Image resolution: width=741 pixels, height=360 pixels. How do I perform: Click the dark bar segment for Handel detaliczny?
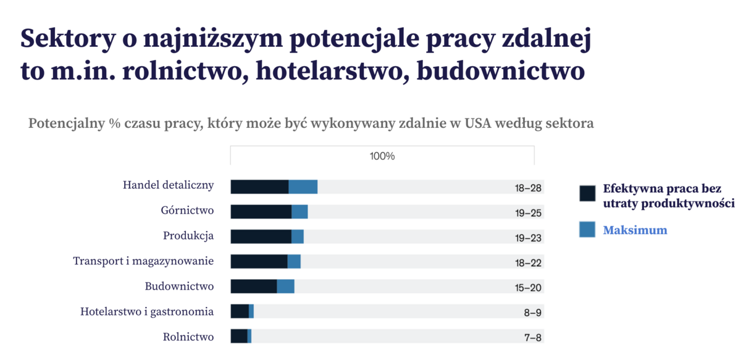tap(259, 187)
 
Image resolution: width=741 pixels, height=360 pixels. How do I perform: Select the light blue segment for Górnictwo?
tap(299, 212)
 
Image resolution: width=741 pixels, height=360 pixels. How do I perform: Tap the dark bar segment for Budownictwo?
tap(254, 287)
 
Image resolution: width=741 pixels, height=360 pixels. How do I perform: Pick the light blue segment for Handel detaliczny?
tap(303, 187)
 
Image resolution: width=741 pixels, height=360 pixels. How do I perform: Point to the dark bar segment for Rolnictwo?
tap(239, 337)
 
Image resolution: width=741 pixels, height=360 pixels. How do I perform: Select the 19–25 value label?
tap(528, 213)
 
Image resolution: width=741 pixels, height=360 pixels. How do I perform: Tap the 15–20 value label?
tap(528, 287)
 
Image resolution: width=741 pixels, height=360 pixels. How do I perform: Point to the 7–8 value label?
tap(532, 337)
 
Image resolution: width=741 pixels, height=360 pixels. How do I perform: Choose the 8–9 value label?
tap(532, 312)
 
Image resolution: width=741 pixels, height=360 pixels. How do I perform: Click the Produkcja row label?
tap(188, 236)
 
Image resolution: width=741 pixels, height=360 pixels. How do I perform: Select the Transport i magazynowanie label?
tap(143, 261)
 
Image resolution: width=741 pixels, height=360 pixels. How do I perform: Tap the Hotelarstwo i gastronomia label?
tap(147, 311)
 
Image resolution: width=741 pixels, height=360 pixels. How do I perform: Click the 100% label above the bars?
tap(382, 156)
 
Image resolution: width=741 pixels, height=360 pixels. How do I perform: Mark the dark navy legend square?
tap(587, 193)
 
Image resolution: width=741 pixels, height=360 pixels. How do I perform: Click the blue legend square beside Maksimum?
tap(587, 229)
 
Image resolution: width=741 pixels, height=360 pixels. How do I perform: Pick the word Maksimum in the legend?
tap(635, 230)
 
